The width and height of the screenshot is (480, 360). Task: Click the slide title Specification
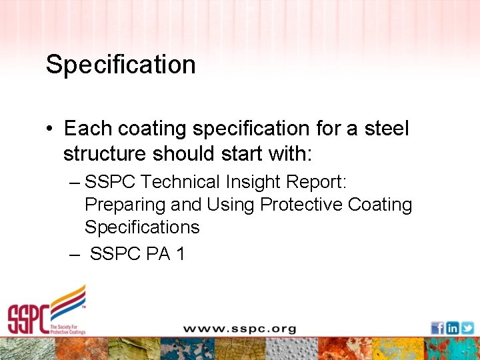pyautogui.click(x=121, y=65)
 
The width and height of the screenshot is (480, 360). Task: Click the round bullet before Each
pyautogui.click(x=51, y=129)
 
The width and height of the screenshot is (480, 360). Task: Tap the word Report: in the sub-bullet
pyautogui.click(x=319, y=182)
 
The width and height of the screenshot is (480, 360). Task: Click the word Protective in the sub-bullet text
pyautogui.click(x=301, y=205)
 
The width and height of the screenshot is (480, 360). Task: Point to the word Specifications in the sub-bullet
pyautogui.click(x=142, y=227)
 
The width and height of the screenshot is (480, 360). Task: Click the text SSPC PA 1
pyautogui.click(x=137, y=253)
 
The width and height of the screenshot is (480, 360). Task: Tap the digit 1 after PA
pyautogui.click(x=179, y=253)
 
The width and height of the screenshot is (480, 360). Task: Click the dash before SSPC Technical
pyautogui.click(x=74, y=182)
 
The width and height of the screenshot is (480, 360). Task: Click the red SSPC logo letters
pyautogui.click(x=28, y=319)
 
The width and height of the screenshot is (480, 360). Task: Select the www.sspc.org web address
pyautogui.click(x=239, y=329)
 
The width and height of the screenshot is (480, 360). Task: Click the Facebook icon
pyautogui.click(x=437, y=328)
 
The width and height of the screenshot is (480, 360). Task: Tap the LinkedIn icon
pyautogui.click(x=452, y=328)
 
